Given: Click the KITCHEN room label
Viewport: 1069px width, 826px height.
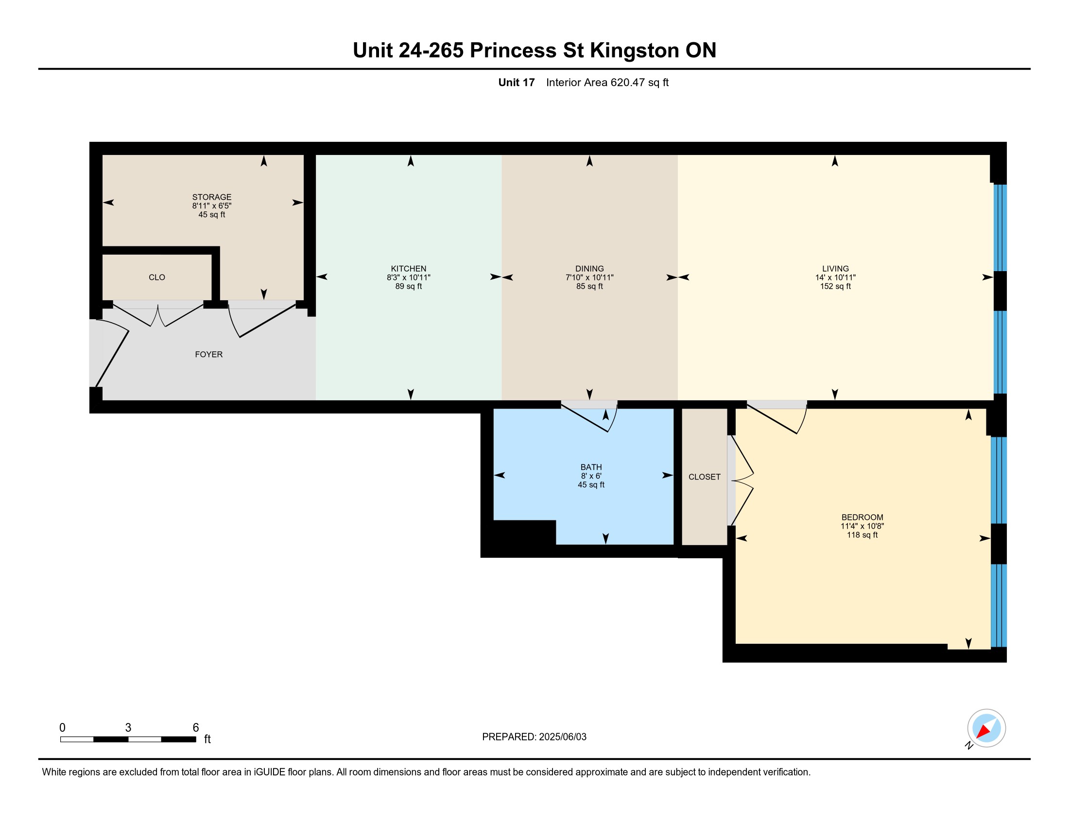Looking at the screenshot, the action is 408,269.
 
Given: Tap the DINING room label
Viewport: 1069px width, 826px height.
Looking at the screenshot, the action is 589,269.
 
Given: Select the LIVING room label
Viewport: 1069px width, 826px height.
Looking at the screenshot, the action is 835,269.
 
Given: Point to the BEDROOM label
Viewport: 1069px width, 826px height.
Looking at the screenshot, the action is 862,517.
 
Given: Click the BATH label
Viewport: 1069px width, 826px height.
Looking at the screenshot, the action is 591,467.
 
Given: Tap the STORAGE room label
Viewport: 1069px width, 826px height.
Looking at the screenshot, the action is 211,197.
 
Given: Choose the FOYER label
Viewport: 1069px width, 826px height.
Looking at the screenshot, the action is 208,354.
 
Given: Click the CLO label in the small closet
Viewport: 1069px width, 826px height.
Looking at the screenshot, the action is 156,277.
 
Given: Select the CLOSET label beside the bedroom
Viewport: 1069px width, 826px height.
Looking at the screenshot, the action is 705,477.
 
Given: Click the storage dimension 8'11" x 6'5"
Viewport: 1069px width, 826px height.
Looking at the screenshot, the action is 211,206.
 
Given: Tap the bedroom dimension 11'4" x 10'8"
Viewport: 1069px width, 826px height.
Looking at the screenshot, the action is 862,526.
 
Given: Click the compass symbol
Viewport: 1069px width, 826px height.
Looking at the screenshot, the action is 986,728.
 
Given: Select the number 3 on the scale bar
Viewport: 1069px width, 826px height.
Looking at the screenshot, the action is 128,728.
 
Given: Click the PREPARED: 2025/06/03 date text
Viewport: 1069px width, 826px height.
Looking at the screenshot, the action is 534,737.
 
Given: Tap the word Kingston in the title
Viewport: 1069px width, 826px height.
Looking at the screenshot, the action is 634,50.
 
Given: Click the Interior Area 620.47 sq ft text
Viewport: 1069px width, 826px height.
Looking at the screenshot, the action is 607,82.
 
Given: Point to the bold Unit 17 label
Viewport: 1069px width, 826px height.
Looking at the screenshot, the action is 516,82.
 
